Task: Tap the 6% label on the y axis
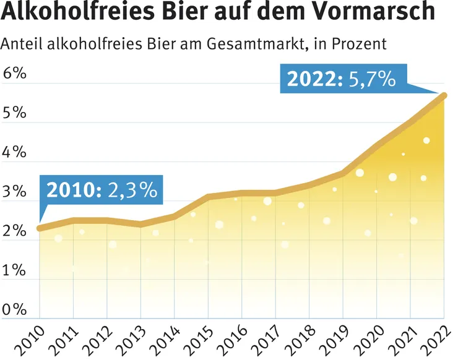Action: click(14, 74)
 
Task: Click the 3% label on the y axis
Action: click(14, 191)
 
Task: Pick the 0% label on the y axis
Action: click(14, 309)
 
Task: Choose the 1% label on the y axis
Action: click(14, 270)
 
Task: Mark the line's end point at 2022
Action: click(443, 95)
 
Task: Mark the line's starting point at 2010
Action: click(40, 228)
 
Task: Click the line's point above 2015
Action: click(209, 197)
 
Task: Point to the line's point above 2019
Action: click(343, 173)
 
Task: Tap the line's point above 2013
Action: click(141, 224)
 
